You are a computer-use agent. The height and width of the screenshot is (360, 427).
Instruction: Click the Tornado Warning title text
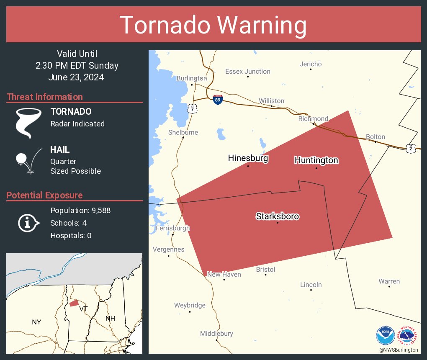[x=213, y=25]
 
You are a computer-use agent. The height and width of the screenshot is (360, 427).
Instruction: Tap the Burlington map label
[x=192, y=78]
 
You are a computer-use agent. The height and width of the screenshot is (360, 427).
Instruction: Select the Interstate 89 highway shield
[x=217, y=100]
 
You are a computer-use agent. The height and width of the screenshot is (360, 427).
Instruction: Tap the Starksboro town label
[x=278, y=216]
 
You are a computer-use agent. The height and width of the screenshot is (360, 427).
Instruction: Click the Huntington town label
[x=316, y=160]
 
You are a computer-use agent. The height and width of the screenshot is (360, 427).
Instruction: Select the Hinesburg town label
[x=248, y=158]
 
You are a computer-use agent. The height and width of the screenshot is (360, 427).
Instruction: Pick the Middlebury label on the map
[x=216, y=334]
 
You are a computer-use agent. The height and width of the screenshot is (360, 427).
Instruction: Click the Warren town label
[x=389, y=281]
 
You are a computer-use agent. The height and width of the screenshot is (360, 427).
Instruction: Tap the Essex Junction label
[x=248, y=72]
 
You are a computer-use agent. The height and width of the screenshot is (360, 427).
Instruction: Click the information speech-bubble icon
[x=28, y=223]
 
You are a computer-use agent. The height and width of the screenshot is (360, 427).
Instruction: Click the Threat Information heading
[x=45, y=97]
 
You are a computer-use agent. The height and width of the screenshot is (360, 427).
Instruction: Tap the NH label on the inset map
[x=110, y=319]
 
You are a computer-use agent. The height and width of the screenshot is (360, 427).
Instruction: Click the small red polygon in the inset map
[x=74, y=303]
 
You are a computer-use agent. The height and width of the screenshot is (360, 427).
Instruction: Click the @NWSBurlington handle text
[x=399, y=350]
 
